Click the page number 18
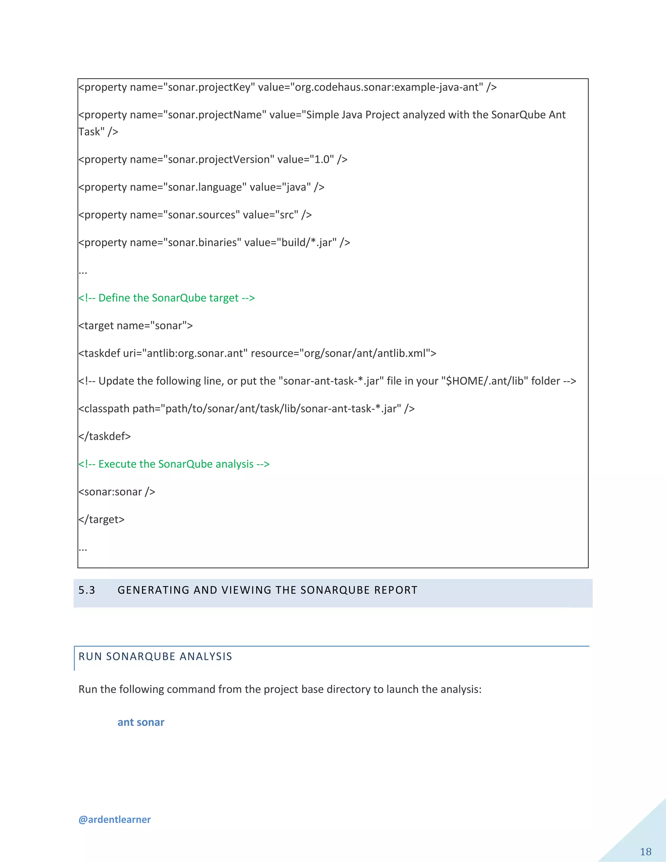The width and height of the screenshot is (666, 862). pos(646,851)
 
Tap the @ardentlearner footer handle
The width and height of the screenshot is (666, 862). pos(114,819)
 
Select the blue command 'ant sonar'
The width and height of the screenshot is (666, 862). pos(141,722)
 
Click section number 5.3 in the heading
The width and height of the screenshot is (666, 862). pos(87,590)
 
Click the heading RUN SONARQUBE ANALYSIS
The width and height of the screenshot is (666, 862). pos(155,656)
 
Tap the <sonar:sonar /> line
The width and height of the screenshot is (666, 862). pos(117,492)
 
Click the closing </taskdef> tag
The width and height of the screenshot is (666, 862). pos(105,436)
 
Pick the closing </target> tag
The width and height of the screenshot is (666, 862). pos(101,519)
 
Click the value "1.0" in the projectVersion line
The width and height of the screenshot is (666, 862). pos(322,159)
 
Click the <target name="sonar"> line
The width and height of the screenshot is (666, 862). pos(136,325)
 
